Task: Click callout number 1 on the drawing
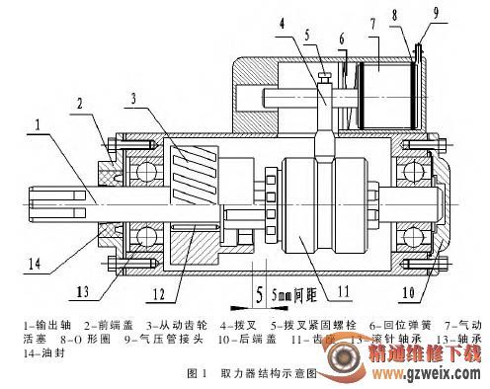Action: [x=38, y=126]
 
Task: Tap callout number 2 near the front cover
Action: [x=82, y=102]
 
